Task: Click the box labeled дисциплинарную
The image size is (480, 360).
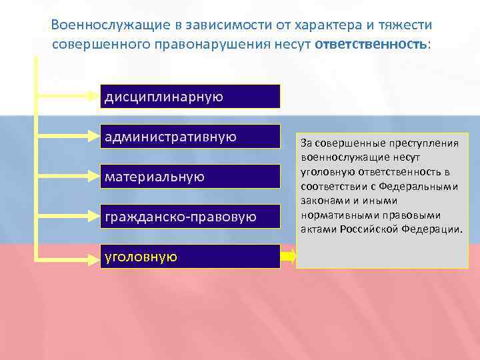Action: coord(190,97)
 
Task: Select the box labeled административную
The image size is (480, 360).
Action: coord(190,137)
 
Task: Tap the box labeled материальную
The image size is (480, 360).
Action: coord(190,177)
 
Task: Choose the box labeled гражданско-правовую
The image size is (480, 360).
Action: coord(190,217)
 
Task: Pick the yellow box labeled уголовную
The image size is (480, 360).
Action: coord(190,256)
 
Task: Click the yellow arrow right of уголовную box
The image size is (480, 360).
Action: coord(288,256)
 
